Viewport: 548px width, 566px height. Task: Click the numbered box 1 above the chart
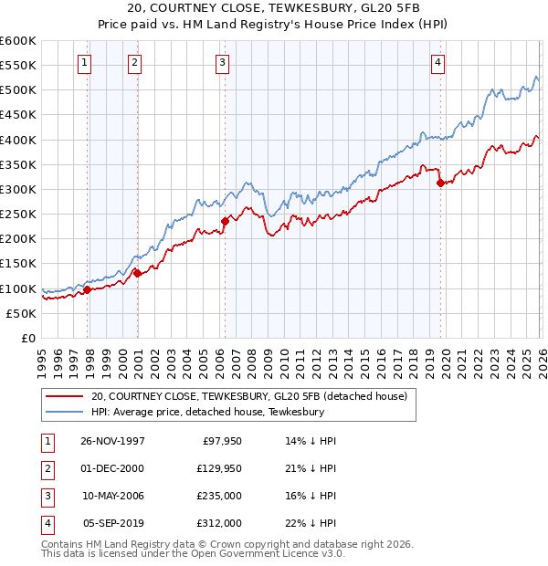pos(84,63)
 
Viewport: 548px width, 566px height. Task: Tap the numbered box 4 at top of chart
pos(438,63)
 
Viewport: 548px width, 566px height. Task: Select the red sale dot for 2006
pos(225,221)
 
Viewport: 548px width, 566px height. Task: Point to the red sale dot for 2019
pos(440,183)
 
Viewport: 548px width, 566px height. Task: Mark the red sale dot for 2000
pos(137,273)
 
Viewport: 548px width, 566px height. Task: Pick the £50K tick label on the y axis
pos(22,313)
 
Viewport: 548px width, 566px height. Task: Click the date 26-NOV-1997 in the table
pos(113,440)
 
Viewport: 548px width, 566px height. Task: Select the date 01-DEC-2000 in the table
pos(113,467)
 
